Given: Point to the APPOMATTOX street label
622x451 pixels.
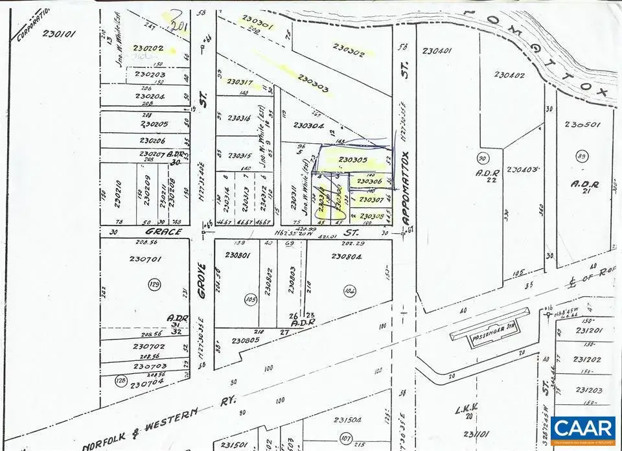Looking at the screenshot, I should pyautogui.click(x=406, y=188).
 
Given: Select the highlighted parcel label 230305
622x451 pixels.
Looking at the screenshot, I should pyautogui.click(x=352, y=160).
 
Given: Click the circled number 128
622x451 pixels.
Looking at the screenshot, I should pyautogui.click(x=121, y=380).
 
